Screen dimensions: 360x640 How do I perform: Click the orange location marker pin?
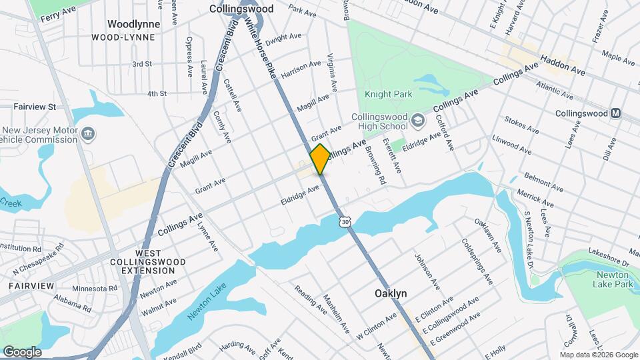[320, 159]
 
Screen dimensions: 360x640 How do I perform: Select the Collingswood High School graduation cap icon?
[418, 120]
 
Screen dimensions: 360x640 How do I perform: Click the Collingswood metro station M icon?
[616, 113]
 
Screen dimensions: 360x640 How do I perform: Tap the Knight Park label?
[393, 95]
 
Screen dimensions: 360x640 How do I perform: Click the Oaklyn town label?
[391, 293]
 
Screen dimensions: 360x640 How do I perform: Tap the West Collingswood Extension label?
[148, 263]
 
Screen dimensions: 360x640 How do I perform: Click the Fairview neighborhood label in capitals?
[31, 285]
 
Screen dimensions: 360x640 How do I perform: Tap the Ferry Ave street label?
[58, 13]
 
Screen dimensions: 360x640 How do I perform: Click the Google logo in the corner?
[22, 352]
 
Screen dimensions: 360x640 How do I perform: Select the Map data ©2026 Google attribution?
[598, 355]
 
